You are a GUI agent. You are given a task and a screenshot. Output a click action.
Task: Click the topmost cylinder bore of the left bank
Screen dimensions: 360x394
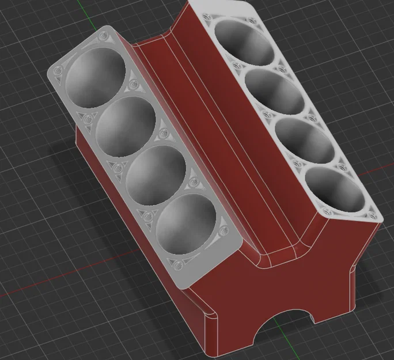tap(96, 77)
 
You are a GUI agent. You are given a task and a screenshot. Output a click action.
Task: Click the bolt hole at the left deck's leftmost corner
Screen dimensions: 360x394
tap(57, 71)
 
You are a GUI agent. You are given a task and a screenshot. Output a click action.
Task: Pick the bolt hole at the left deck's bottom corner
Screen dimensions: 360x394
tap(176, 266)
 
